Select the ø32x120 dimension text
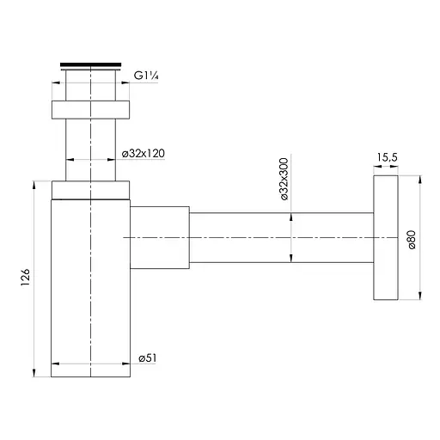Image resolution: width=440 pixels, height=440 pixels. pyautogui.click(x=144, y=153)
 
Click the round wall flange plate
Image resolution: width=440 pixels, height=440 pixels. pyautogui.click(x=386, y=239)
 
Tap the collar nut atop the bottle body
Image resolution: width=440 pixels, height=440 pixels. pyautogui.click(x=90, y=190)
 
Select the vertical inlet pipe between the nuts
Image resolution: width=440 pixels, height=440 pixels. pyautogui.click(x=90, y=150)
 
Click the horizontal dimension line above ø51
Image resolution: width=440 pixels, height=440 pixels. pyautogui.click(x=90, y=365)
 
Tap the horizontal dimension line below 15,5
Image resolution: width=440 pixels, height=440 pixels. pyautogui.click(x=385, y=168)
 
